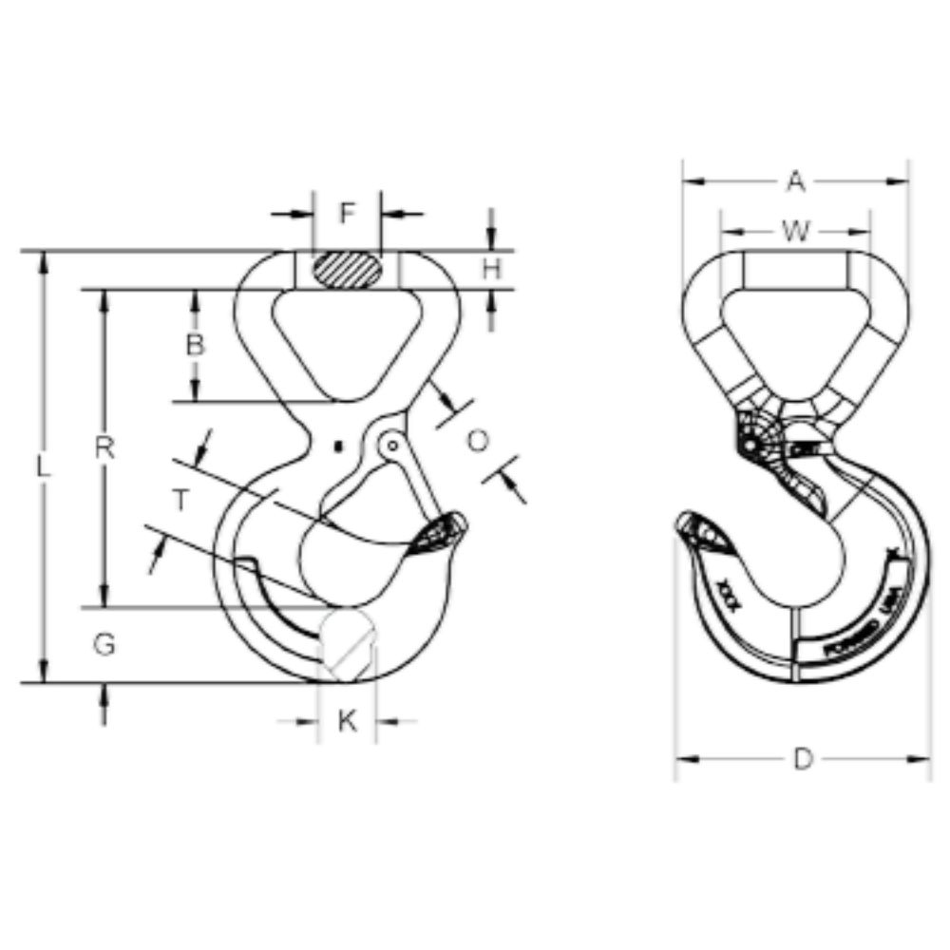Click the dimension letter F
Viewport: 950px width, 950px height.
[x=347, y=213]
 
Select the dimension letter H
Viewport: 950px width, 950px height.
[x=491, y=270]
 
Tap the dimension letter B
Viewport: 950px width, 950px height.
[x=194, y=345]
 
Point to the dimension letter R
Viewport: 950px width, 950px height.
[x=105, y=448]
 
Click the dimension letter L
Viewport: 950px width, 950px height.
[x=43, y=466]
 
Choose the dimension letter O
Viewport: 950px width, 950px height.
[x=479, y=441]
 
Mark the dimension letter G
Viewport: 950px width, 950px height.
[x=104, y=645]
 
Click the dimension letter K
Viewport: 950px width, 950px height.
[x=348, y=722]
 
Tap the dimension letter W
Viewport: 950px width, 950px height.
[x=796, y=231]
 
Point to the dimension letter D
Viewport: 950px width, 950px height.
[x=804, y=759]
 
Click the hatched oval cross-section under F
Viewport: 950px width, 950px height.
[x=347, y=270]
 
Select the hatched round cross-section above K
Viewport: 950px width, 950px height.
[x=347, y=642]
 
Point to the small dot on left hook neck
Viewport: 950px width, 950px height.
[x=337, y=445]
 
